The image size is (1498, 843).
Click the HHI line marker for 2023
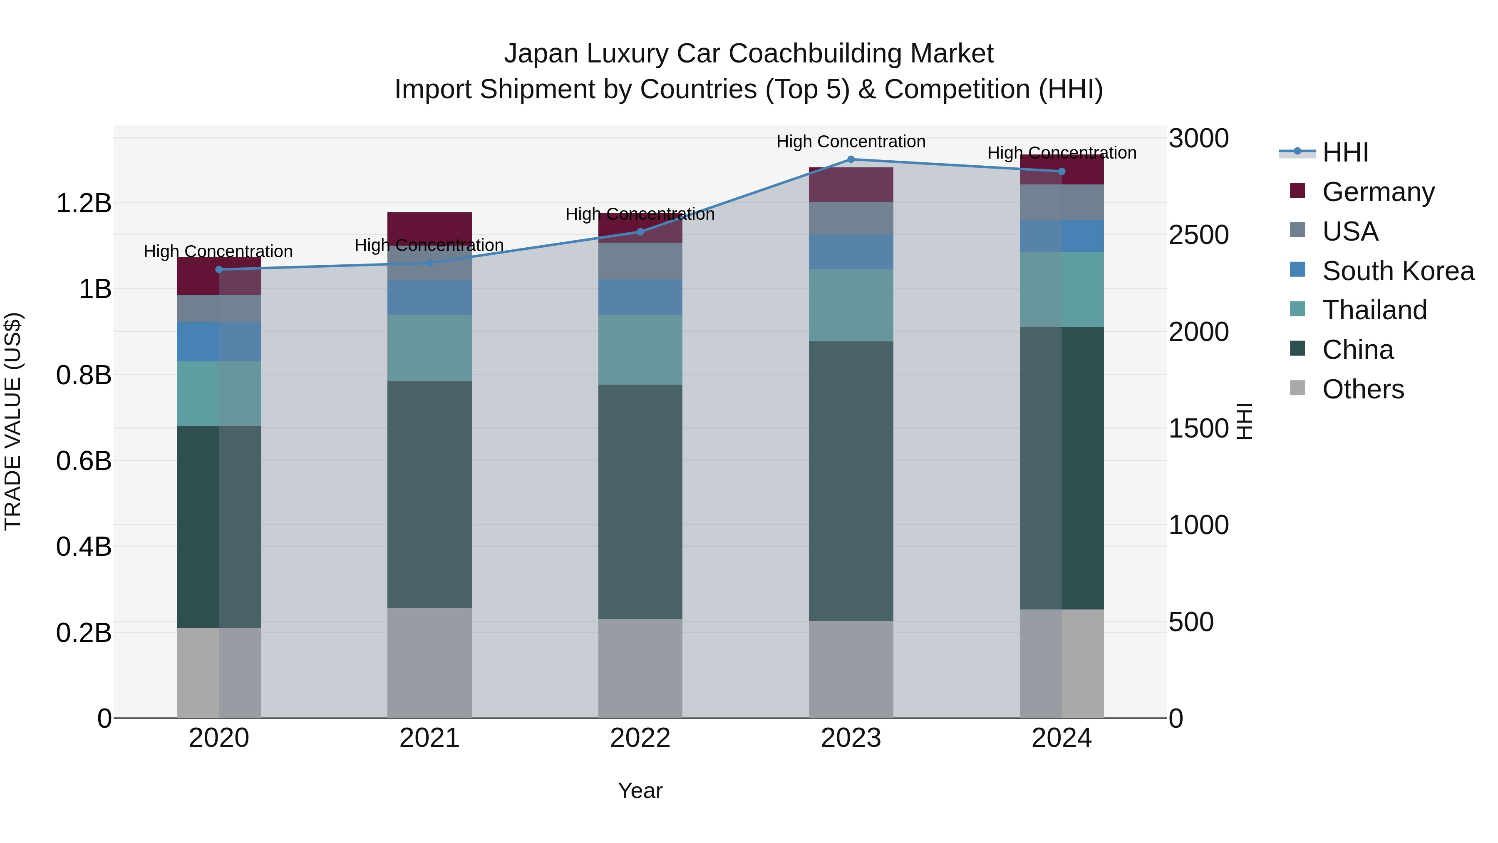pyautogui.click(x=851, y=159)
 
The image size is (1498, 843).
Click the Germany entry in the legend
pyautogui.click(x=1378, y=192)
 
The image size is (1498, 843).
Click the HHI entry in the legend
pyautogui.click(x=1344, y=152)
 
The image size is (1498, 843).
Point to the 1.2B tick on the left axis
pyautogui.click(x=84, y=204)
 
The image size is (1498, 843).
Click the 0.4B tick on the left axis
pyautogui.click(x=84, y=547)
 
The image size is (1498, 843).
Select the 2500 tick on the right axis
pyautogui.click(x=1198, y=235)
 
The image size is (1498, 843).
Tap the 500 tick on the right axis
pyautogui.click(x=1191, y=622)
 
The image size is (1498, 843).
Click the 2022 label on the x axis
pyautogui.click(x=640, y=738)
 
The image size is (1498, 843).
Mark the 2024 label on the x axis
pyautogui.click(x=1061, y=738)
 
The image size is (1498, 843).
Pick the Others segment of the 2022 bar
pyautogui.click(x=640, y=669)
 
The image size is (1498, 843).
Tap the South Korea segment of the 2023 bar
pyautogui.click(x=851, y=252)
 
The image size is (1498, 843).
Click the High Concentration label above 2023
pyautogui.click(x=851, y=142)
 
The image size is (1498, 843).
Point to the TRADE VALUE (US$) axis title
pyautogui.click(x=13, y=421)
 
